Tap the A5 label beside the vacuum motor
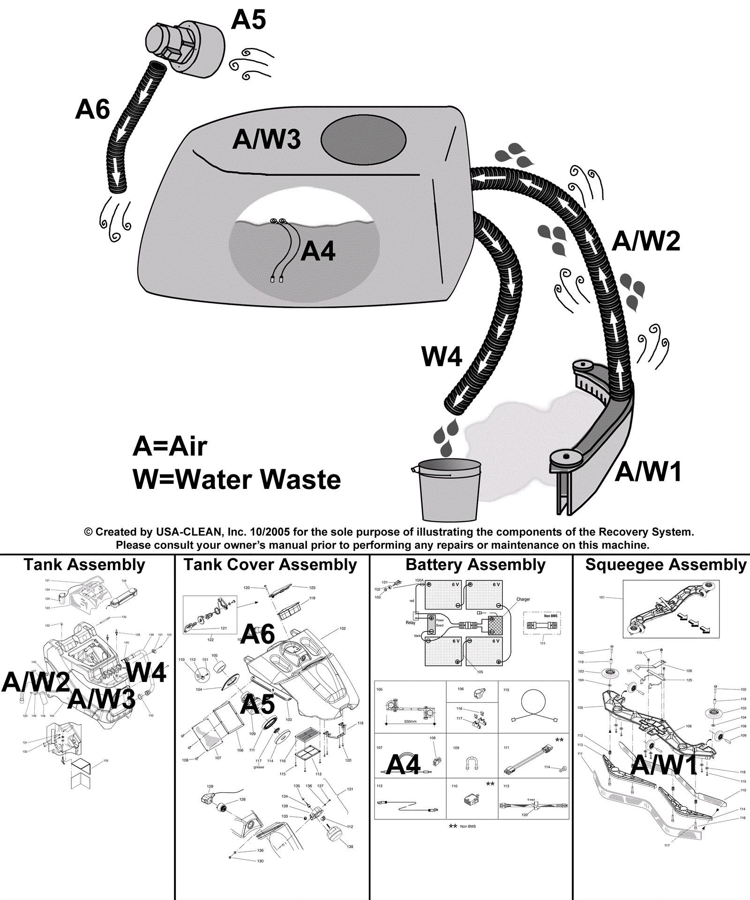click(248, 20)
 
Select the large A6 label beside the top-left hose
click(92, 109)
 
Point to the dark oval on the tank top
click(363, 140)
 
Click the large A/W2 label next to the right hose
click(646, 241)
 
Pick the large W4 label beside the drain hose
click(442, 357)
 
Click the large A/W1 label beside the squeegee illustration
click(648, 472)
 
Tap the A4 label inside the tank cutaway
click(318, 251)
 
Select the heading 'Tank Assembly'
click(84, 565)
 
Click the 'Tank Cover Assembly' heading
click(270, 565)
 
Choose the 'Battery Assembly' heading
click(475, 565)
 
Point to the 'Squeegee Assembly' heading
click(666, 565)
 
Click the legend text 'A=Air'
click(170, 446)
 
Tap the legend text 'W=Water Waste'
click(237, 480)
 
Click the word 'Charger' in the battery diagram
click(523, 600)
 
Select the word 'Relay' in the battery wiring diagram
click(410, 623)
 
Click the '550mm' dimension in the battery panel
click(410, 721)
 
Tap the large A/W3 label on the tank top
click(266, 139)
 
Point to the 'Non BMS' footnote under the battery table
click(467, 826)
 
